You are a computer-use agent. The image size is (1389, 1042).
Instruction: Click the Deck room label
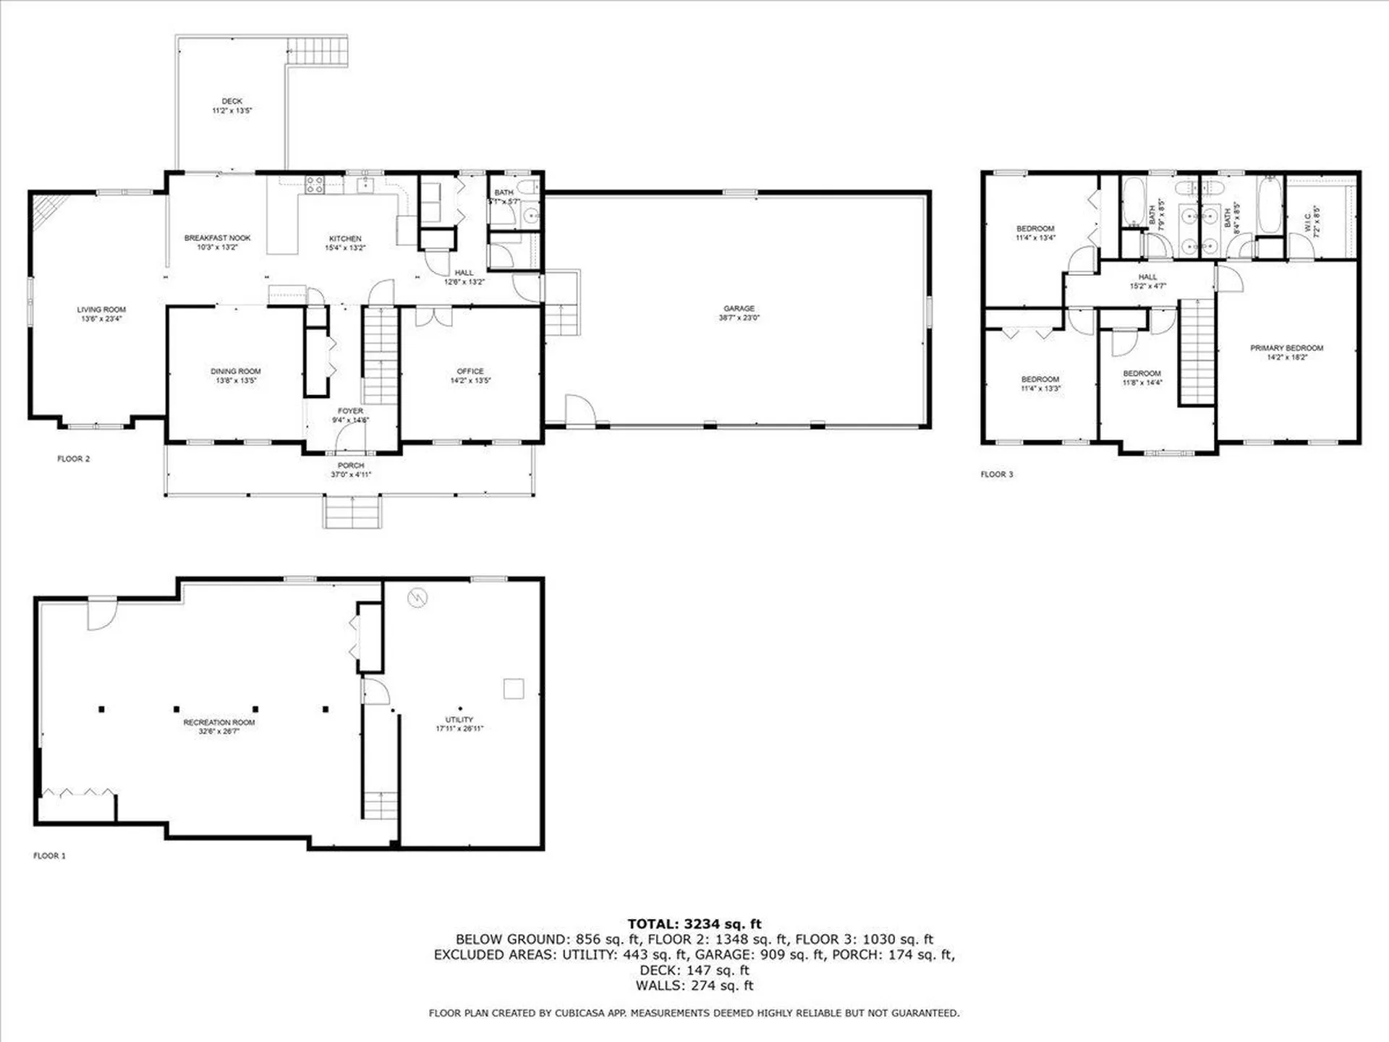(231, 101)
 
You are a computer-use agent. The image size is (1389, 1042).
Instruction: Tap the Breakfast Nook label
(217, 238)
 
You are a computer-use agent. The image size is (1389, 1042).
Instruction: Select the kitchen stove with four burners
(314, 185)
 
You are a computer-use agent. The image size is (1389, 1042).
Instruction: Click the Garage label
(739, 308)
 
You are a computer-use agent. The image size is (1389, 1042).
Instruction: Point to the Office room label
(470, 371)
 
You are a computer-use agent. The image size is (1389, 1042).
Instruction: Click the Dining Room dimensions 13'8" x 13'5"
(235, 381)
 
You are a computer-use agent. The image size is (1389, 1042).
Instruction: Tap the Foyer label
(350, 411)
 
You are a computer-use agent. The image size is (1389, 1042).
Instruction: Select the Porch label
(350, 465)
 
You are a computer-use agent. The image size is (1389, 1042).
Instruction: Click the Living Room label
(101, 310)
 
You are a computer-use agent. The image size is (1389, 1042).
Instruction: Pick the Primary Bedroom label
(1286, 348)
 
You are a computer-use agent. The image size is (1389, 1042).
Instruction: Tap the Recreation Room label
(218, 722)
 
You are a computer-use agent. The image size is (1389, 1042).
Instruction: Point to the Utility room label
(459, 719)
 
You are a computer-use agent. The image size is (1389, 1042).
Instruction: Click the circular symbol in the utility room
(417, 598)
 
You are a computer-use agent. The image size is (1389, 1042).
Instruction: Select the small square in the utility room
(514, 688)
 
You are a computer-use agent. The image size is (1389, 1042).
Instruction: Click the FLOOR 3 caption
(996, 475)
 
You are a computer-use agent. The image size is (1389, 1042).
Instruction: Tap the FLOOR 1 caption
(49, 856)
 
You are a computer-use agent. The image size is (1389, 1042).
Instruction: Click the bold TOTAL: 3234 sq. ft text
(694, 924)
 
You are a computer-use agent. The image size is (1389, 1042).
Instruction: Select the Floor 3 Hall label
(1147, 277)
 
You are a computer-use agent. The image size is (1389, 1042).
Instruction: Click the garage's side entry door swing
(579, 410)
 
